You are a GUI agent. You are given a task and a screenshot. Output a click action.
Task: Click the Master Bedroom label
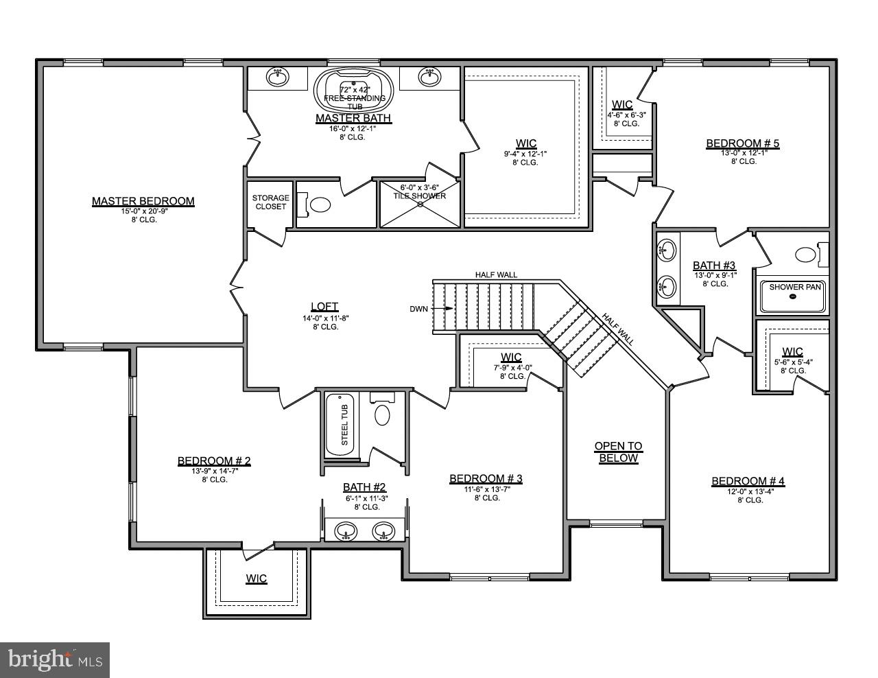click(143, 201)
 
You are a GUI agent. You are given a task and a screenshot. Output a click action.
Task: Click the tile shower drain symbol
click(420, 204)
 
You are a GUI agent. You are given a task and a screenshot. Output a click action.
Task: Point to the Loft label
click(324, 307)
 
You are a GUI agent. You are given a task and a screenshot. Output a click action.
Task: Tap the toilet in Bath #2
click(382, 414)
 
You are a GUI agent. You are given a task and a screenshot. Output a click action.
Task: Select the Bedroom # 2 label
click(214, 461)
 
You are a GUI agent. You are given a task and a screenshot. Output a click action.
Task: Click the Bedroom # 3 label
click(486, 478)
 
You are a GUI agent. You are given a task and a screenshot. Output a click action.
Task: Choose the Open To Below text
click(617, 452)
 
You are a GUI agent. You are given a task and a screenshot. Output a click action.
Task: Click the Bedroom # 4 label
click(748, 481)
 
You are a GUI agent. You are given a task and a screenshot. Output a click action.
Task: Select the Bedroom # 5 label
click(743, 143)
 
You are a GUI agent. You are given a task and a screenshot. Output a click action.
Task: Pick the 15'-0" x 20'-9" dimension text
click(143, 211)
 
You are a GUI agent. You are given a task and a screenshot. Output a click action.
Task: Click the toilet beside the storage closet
click(319, 204)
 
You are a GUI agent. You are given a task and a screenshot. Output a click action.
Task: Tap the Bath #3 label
click(714, 265)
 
